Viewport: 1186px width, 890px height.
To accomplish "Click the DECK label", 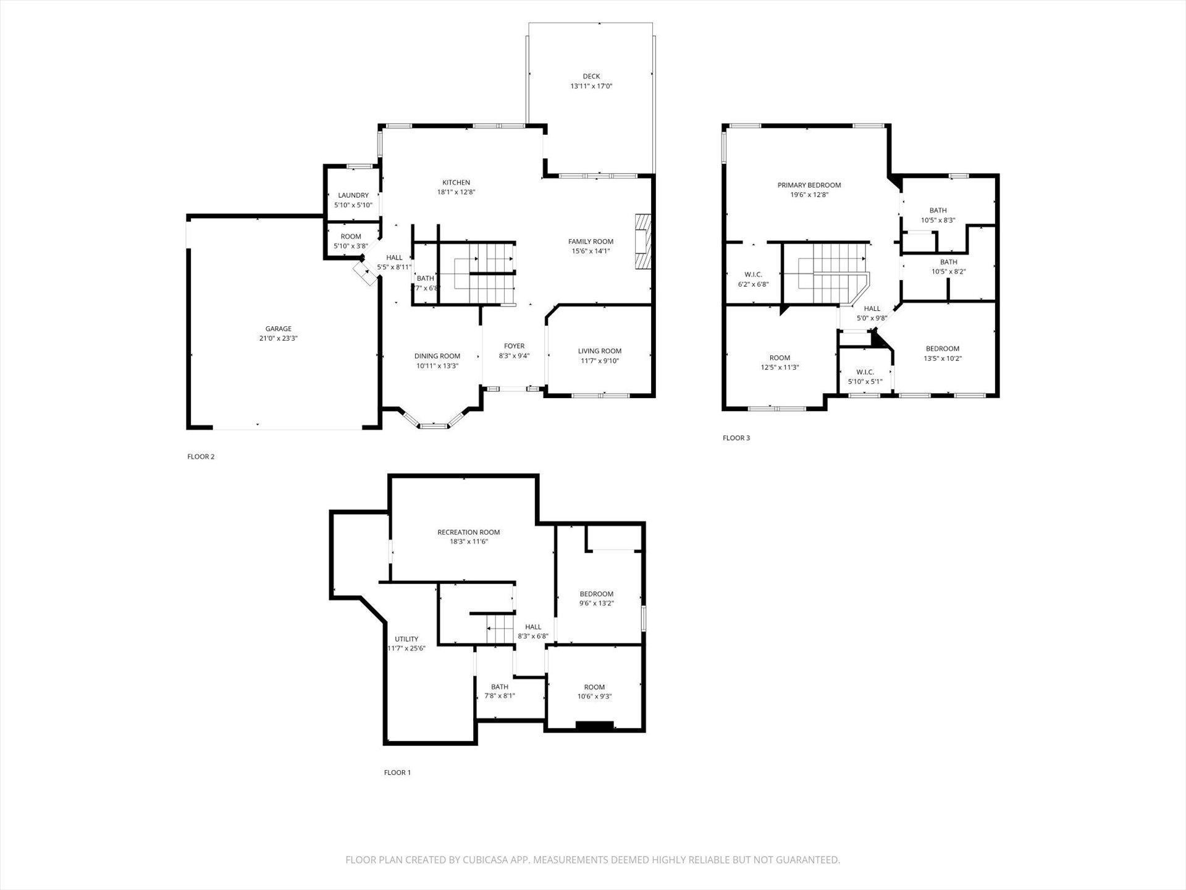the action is (591, 77).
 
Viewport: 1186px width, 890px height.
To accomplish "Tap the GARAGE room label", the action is (279, 329).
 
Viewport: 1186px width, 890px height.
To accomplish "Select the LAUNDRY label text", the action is (353, 195).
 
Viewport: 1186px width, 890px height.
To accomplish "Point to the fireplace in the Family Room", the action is (643, 242).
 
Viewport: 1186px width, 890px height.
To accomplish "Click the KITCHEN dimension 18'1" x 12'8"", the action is (456, 192).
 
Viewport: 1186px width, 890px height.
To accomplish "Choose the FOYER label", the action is (514, 346).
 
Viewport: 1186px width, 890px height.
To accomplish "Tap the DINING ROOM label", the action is (437, 356).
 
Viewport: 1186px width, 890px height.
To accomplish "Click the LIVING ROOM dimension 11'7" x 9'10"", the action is (599, 361).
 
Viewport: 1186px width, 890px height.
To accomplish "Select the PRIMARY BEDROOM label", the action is (809, 185).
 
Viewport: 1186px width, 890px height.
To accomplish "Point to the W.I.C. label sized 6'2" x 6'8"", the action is (754, 274).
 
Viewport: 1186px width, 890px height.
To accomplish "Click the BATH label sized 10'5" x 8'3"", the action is (938, 210).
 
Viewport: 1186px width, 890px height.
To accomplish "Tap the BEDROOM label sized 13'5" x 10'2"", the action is (942, 349).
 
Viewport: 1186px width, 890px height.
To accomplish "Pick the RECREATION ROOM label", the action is (468, 532).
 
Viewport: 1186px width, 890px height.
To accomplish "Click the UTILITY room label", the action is (406, 639).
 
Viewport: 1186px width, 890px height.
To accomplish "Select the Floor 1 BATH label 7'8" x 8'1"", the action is (500, 687).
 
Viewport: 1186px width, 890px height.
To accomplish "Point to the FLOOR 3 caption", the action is (736, 438).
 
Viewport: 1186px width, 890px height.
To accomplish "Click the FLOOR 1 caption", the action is (397, 773).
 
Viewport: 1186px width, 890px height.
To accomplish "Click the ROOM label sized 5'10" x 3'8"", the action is (351, 237).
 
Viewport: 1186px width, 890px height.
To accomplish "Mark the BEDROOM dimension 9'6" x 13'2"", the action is (597, 603).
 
